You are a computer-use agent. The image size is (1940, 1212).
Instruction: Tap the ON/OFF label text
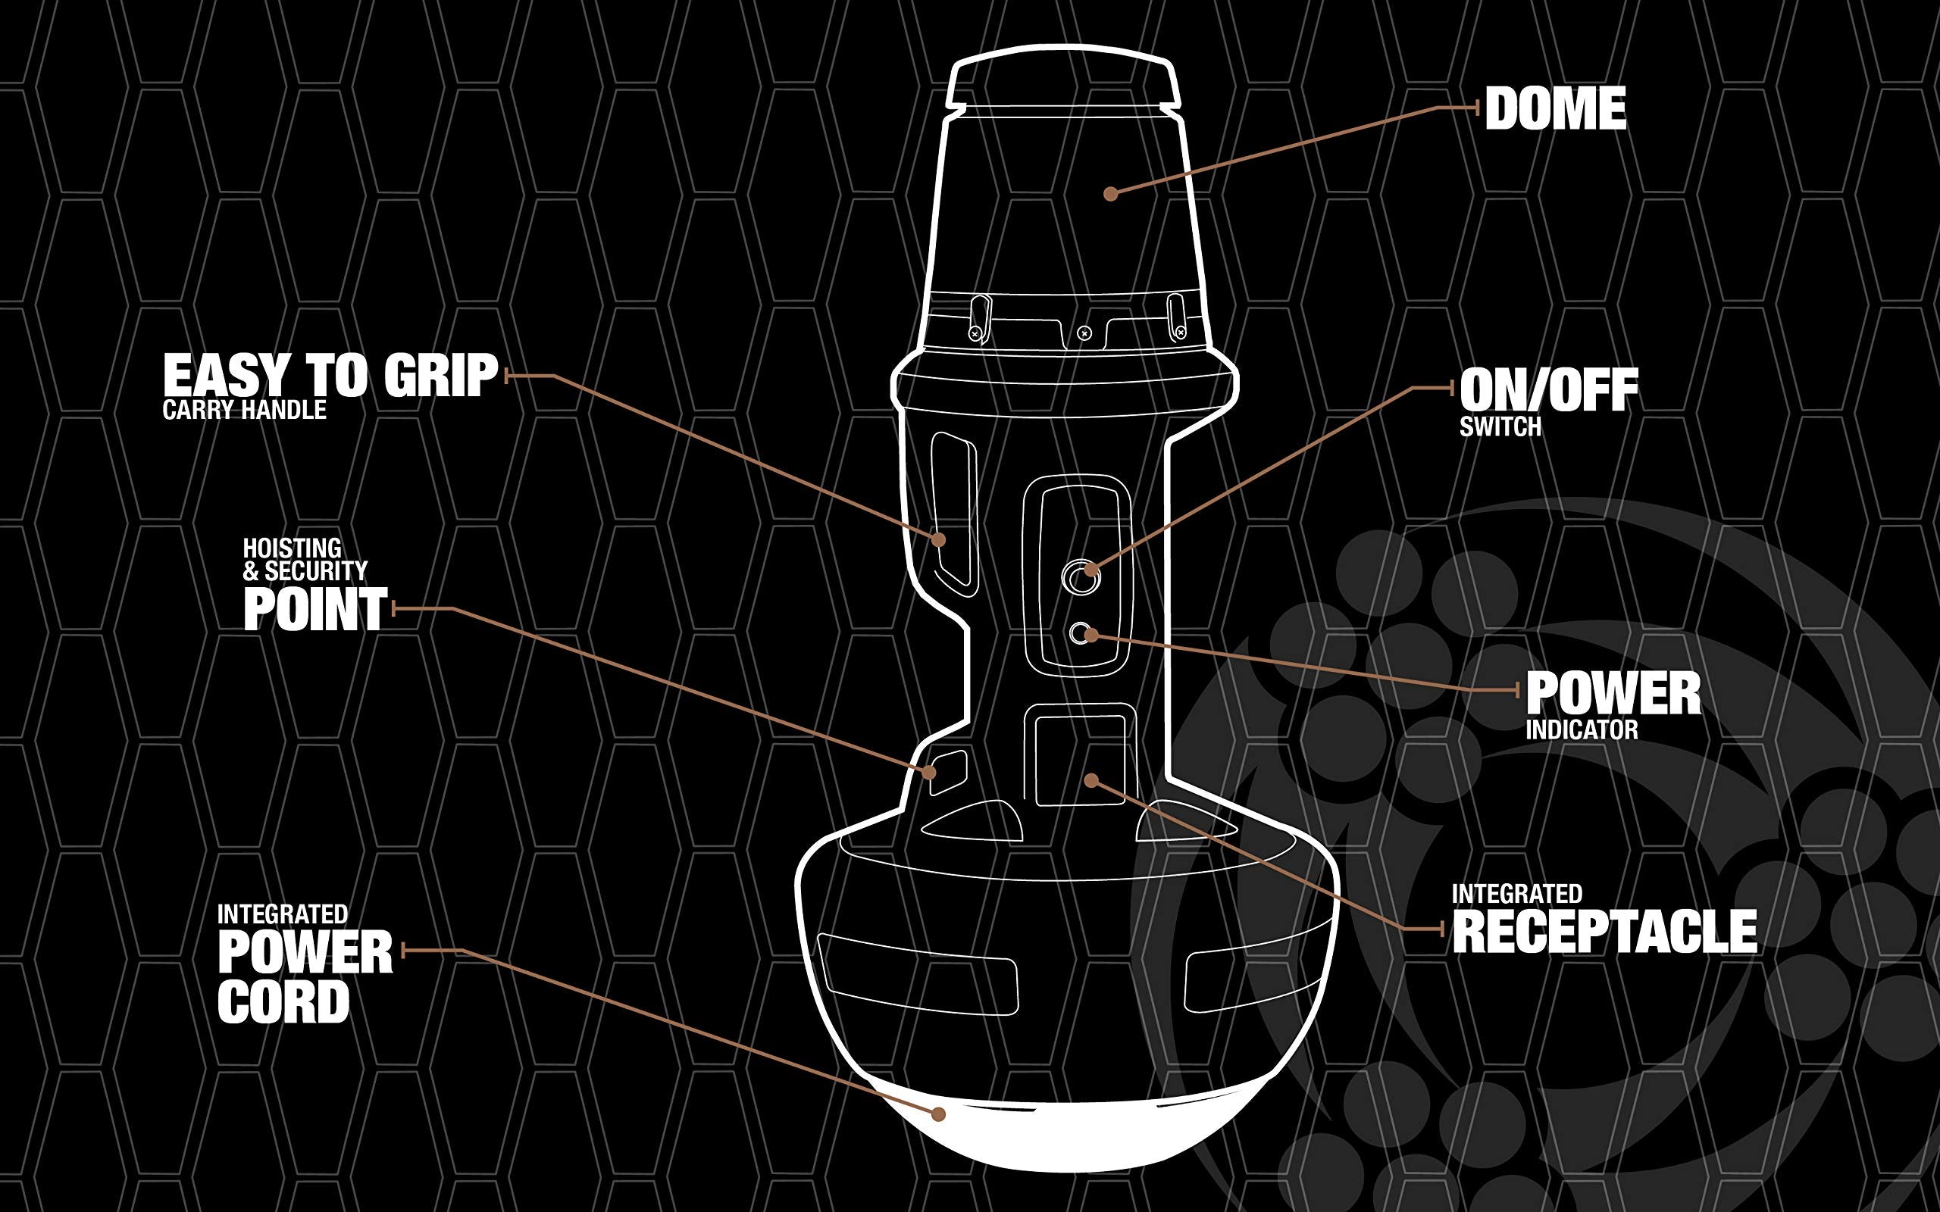[1549, 390]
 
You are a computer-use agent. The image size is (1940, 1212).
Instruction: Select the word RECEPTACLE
[1605, 932]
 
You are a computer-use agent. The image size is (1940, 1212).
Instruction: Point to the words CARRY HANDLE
[245, 411]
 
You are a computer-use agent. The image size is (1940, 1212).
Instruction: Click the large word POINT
[316, 609]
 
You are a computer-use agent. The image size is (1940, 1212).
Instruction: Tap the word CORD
[283, 1002]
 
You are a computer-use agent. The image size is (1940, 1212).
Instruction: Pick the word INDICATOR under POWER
[1582, 730]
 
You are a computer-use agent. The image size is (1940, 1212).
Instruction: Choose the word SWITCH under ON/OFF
[1500, 427]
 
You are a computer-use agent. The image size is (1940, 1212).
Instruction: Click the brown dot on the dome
[1110, 193]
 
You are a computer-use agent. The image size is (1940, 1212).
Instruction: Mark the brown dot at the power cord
[939, 1114]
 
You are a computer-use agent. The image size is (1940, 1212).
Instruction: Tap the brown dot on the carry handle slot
[940, 539]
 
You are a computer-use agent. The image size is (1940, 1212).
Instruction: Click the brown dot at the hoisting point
[929, 772]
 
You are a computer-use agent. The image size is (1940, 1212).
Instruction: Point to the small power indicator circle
[1079, 634]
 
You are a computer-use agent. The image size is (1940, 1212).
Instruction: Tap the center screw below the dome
[1084, 332]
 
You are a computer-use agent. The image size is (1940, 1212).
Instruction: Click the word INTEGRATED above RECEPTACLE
[1516, 894]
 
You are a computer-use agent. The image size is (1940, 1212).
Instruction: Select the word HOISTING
[293, 548]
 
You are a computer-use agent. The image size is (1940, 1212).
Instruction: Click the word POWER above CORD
[305, 952]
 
